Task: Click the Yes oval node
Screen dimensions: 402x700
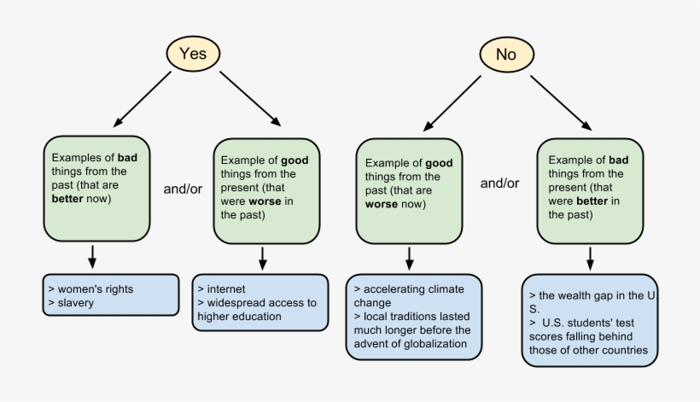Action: point(192,53)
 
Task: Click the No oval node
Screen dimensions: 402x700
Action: point(506,55)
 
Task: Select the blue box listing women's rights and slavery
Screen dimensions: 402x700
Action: point(110,295)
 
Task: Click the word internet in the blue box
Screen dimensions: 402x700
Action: point(225,289)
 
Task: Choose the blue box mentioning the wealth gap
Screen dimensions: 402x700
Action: point(590,321)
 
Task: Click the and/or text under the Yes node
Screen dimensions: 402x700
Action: point(183,189)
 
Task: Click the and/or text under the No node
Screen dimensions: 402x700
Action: point(499,183)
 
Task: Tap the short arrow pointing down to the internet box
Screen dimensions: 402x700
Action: point(263,257)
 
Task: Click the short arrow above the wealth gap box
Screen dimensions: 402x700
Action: point(590,257)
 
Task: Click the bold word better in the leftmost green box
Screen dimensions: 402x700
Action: point(68,199)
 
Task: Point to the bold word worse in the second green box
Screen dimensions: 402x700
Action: point(263,201)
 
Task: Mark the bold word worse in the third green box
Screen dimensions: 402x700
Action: point(382,205)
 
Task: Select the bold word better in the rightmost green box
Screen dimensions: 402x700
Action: point(592,201)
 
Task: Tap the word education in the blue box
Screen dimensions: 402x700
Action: point(260,317)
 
